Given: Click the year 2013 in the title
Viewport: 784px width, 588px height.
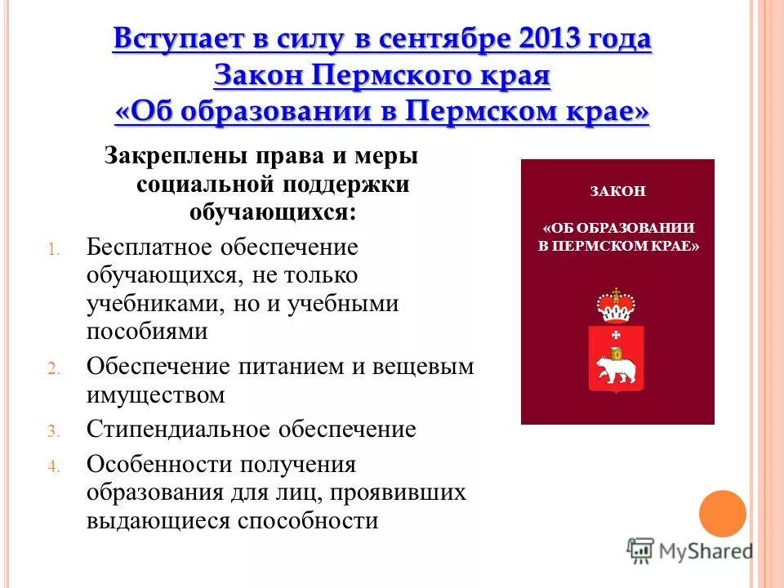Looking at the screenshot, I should click(558, 38).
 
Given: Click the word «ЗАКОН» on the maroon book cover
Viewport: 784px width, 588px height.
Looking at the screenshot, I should click(617, 191).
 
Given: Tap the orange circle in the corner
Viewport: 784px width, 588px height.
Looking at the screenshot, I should click(723, 514).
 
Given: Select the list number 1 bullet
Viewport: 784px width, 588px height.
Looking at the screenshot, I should click(54, 249).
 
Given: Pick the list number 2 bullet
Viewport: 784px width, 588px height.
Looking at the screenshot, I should click(54, 368).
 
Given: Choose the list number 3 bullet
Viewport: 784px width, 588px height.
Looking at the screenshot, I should click(54, 431).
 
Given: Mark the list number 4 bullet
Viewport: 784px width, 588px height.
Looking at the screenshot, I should click(54, 467).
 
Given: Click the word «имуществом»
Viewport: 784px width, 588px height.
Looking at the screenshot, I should click(155, 395).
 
